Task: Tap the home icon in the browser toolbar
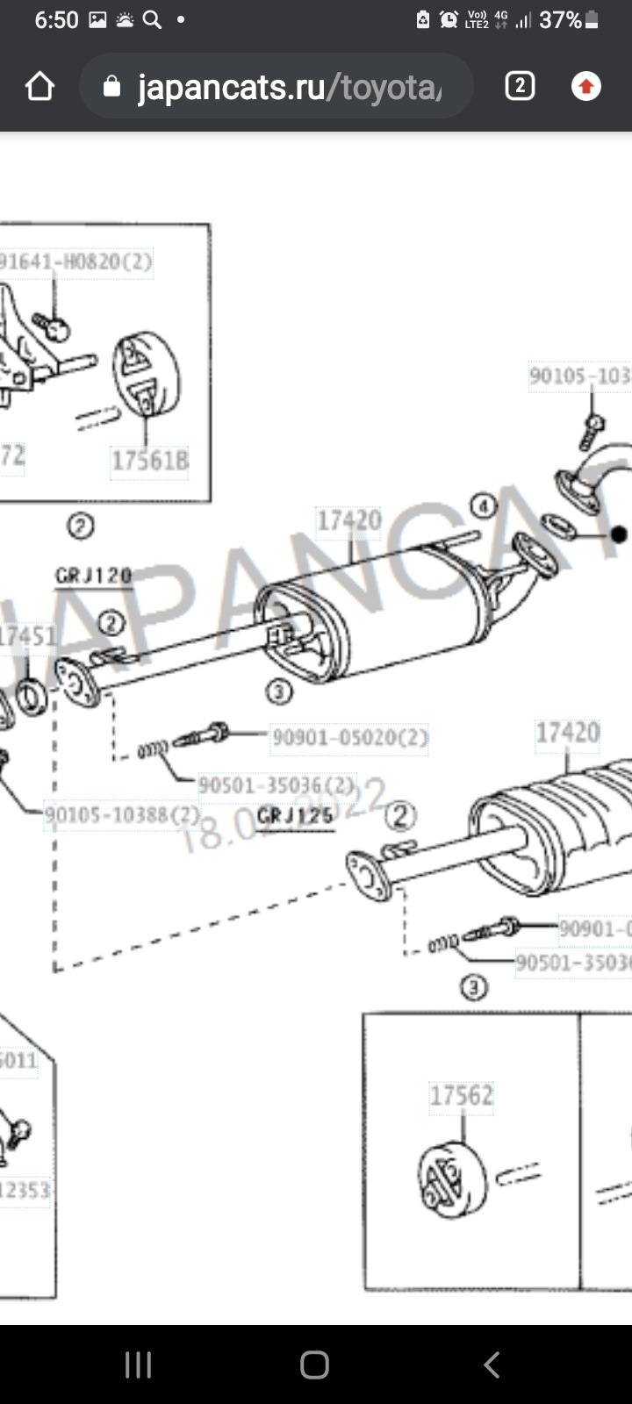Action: [x=40, y=86]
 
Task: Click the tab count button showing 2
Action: [x=520, y=86]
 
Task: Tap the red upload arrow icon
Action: [x=585, y=86]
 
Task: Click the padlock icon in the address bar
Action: [x=111, y=86]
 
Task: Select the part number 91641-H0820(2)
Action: [x=75, y=261]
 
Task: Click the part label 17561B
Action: [x=149, y=460]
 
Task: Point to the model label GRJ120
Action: [x=93, y=576]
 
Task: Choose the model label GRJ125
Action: [x=296, y=815]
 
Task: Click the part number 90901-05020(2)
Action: [x=349, y=737]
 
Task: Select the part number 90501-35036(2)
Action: [x=276, y=784]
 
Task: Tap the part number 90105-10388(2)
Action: [x=123, y=815]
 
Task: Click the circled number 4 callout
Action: [x=482, y=505]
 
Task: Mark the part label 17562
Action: [x=462, y=1095]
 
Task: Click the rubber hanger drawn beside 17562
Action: [x=450, y=1178]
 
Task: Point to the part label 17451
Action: [x=26, y=636]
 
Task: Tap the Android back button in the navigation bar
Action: [x=492, y=1365]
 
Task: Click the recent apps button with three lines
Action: [x=138, y=1365]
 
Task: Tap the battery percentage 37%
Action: [x=560, y=20]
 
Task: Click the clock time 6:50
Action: [x=56, y=20]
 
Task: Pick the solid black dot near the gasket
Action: [x=618, y=534]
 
